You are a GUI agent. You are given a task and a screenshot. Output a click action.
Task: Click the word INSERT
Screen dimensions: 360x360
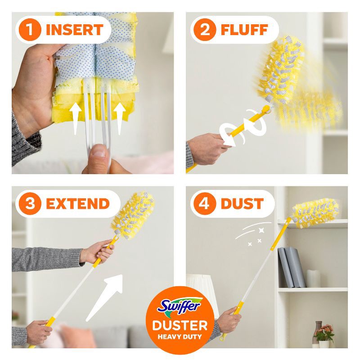(x=75, y=30)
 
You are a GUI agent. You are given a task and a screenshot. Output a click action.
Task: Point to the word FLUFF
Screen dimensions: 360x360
(x=244, y=30)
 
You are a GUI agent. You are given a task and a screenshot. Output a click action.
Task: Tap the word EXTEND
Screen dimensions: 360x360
(x=77, y=203)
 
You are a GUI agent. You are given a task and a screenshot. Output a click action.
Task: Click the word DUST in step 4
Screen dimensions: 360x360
(x=242, y=203)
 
